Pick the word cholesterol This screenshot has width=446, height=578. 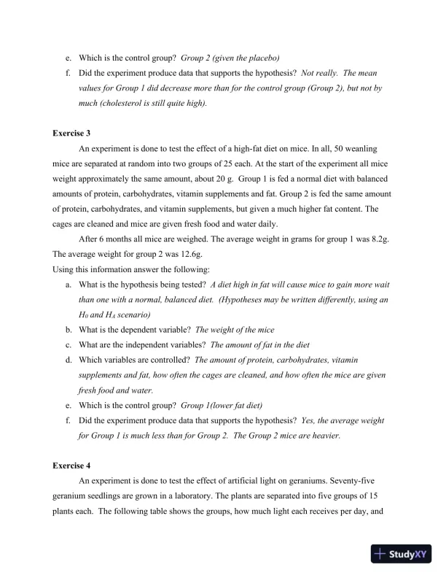click(146, 103)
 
